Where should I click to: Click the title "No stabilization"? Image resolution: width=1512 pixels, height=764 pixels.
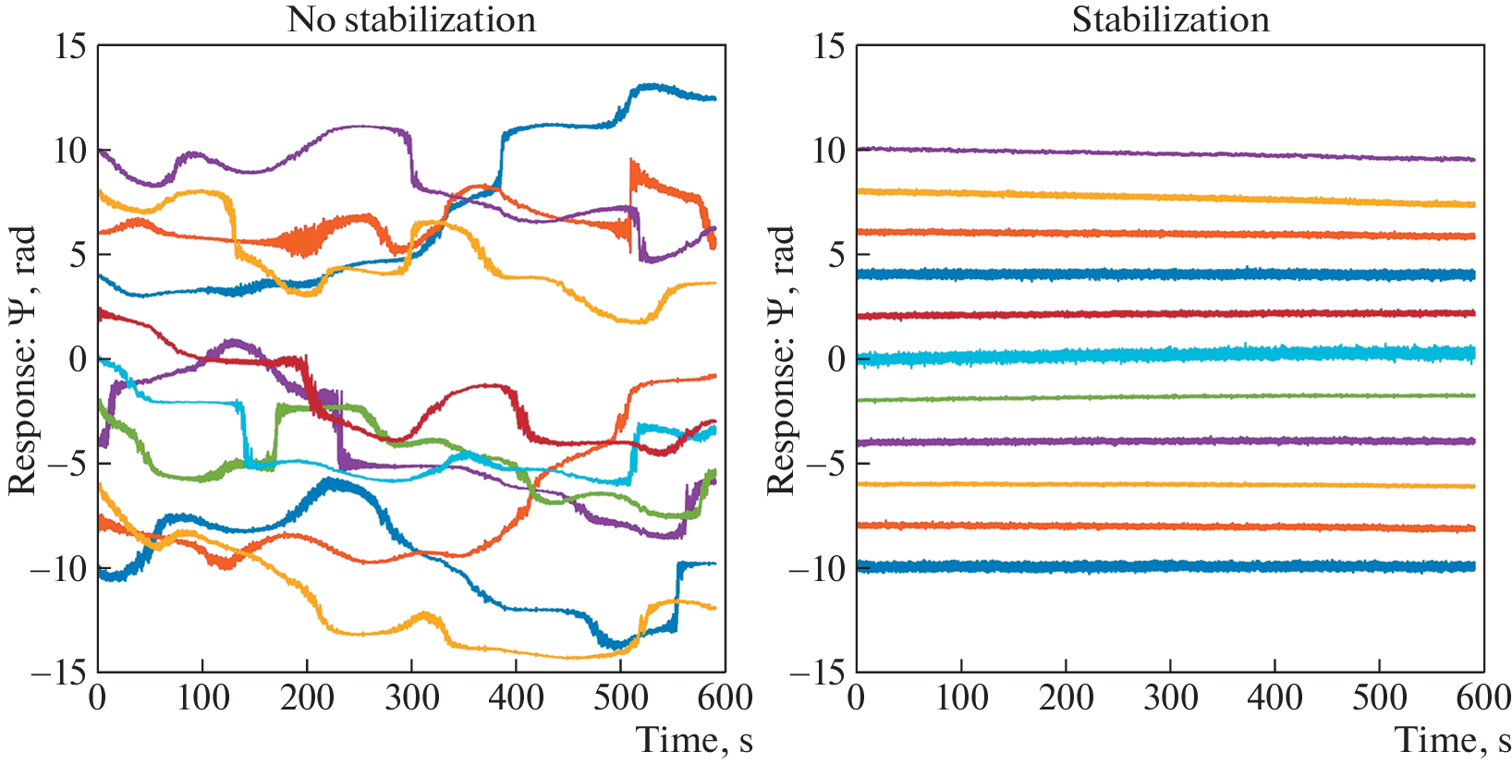click(411, 19)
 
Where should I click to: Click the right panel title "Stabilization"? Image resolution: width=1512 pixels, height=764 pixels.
click(1170, 19)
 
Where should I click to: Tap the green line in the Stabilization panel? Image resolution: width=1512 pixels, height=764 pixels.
click(1164, 397)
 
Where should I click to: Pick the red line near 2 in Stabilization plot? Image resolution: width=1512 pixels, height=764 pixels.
click(1164, 314)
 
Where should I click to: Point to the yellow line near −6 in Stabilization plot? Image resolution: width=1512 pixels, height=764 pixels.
click(1164, 484)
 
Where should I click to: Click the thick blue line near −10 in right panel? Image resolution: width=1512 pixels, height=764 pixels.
click(1164, 566)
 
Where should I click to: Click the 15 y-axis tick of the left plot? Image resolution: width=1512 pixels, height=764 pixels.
click(70, 46)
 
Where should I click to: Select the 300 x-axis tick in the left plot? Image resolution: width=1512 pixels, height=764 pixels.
click(411, 697)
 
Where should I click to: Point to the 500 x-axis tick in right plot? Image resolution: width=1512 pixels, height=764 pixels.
click(1379, 697)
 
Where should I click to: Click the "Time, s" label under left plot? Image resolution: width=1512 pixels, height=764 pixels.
click(694, 739)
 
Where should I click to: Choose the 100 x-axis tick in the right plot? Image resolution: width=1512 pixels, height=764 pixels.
click(961, 697)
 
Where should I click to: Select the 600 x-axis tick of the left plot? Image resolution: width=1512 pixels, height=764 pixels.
click(726, 697)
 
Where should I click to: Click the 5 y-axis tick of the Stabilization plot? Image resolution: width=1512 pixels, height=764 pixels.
click(835, 255)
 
